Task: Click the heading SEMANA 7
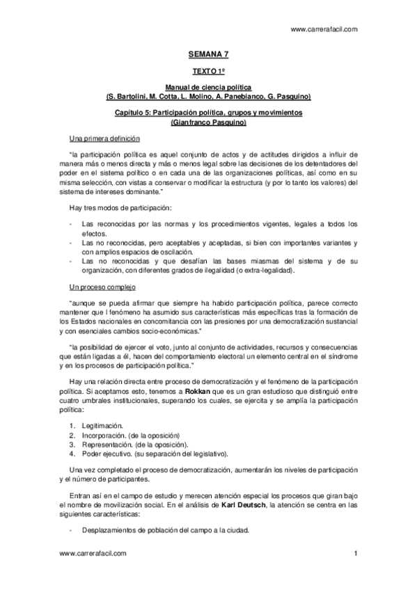click(x=208, y=53)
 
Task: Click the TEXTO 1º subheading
click(x=208, y=71)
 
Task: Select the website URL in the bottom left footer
click(x=93, y=553)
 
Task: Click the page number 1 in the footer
click(x=355, y=553)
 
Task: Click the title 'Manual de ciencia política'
click(x=208, y=87)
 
